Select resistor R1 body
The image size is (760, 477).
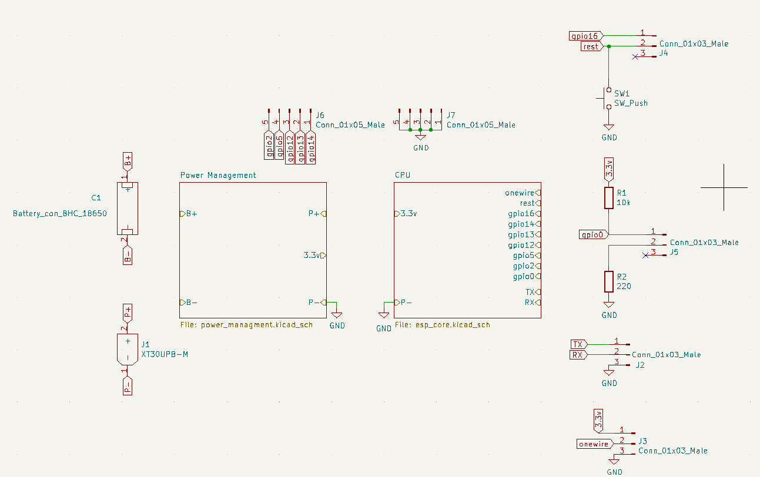pyautogui.click(x=609, y=198)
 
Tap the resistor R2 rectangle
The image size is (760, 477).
pyautogui.click(x=609, y=282)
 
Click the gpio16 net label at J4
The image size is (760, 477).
pyautogui.click(x=585, y=36)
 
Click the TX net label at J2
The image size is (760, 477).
pyautogui.click(x=578, y=344)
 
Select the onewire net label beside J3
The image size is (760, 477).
pyautogui.click(x=594, y=444)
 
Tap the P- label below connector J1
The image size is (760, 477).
pyautogui.click(x=128, y=387)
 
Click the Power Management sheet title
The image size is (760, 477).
pyautogui.click(x=218, y=175)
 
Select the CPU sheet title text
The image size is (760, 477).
pyautogui.click(x=403, y=175)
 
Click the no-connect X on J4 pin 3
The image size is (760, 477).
pyautogui.click(x=635, y=57)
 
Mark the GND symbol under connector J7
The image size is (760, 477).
pyautogui.click(x=421, y=137)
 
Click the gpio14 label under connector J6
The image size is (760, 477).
pyautogui.click(x=312, y=147)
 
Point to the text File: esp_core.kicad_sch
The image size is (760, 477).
pyautogui.click(x=442, y=325)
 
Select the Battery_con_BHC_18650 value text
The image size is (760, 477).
pyautogui.click(x=60, y=214)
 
